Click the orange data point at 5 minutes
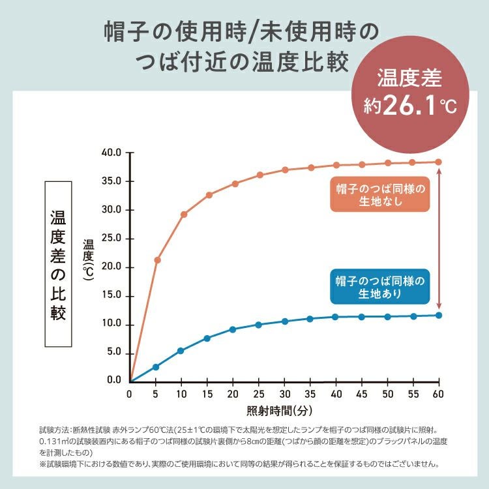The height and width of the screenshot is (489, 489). click(157, 259)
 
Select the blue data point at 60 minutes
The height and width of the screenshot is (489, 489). click(439, 315)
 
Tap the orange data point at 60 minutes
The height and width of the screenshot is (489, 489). click(439, 162)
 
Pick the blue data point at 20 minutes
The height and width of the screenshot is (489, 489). click(233, 329)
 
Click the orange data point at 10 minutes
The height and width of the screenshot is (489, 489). click(184, 214)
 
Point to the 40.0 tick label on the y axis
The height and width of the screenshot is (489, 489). click(112, 153)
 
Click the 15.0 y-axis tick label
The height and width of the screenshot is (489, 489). click(112, 296)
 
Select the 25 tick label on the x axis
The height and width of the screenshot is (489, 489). click(259, 394)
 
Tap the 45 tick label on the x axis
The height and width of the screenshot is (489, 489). click(362, 394)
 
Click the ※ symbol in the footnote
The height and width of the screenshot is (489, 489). click(43, 465)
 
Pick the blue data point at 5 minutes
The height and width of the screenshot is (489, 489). click(156, 366)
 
